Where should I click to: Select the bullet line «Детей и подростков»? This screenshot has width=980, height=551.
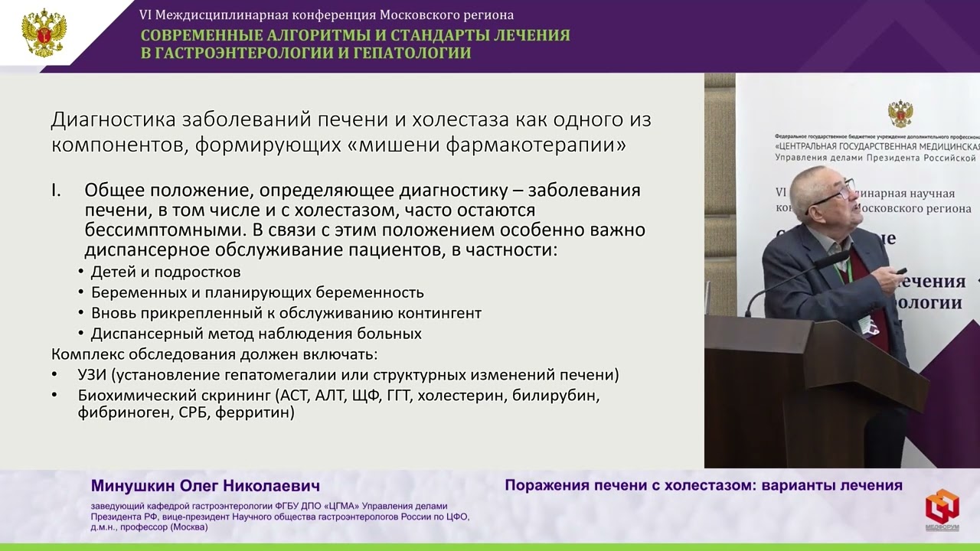pyautogui.click(x=165, y=272)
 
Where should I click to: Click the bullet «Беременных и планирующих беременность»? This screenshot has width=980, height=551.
pyautogui.click(x=257, y=292)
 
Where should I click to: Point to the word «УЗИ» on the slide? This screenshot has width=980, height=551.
pyautogui.click(x=93, y=376)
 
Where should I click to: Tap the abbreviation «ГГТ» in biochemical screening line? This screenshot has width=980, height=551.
pyautogui.click(x=399, y=396)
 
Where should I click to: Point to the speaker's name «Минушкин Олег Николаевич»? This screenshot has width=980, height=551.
pyautogui.click(x=205, y=487)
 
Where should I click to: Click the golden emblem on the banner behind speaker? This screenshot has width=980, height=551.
pyautogui.click(x=900, y=114)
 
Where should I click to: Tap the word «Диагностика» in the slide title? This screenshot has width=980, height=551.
pyautogui.click(x=113, y=122)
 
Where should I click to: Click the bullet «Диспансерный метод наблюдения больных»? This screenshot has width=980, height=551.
pyautogui.click(x=256, y=334)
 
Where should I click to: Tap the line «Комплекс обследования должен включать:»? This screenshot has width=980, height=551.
pyautogui.click(x=214, y=354)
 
